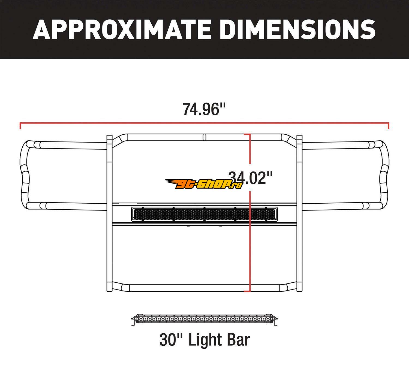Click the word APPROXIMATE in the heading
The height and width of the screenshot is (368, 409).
(x=122, y=29)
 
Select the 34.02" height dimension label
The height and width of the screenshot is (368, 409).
(x=250, y=178)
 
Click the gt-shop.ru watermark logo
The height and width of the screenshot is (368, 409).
(x=204, y=184)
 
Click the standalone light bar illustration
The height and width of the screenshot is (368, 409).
(x=204, y=319)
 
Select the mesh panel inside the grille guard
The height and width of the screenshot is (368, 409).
(x=204, y=214)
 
